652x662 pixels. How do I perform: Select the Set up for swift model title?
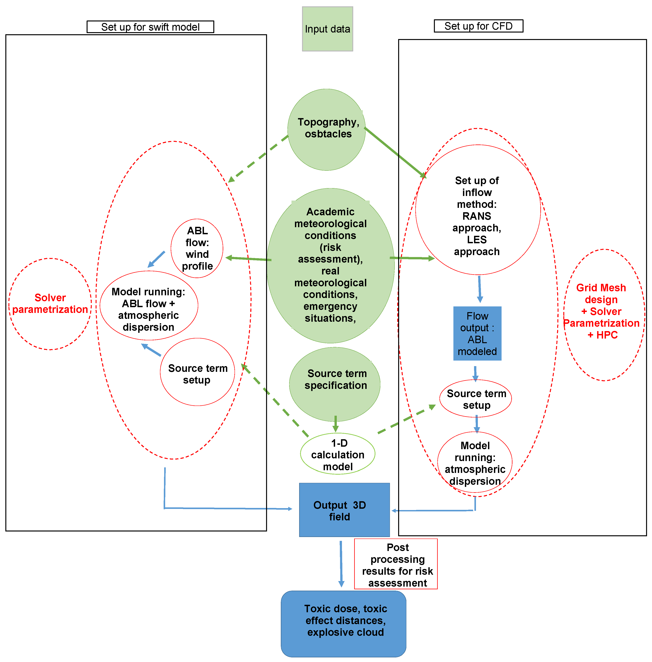point(150,27)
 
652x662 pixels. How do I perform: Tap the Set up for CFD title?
point(478,26)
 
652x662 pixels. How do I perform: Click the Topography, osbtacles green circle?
point(327,130)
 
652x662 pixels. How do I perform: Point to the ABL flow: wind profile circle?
point(197,248)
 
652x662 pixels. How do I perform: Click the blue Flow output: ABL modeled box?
point(477,333)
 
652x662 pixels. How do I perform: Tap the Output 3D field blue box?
point(344,510)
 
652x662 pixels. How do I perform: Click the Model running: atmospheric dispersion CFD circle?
point(475,463)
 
